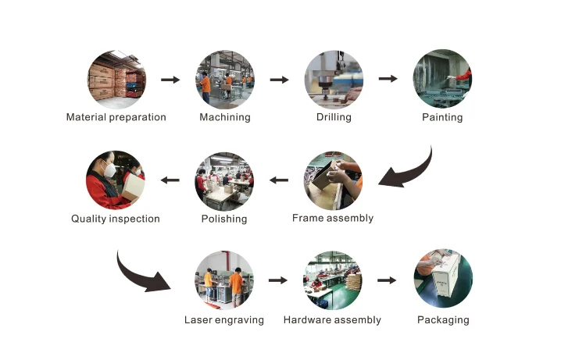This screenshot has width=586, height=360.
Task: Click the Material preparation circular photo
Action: tap(116, 79)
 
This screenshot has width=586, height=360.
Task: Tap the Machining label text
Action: tap(225, 117)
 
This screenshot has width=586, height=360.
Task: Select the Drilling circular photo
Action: tap(334, 79)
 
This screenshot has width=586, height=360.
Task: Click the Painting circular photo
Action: tap(443, 79)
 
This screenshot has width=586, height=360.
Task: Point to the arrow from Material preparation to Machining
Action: tap(170, 79)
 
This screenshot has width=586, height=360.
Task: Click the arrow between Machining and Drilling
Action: tap(280, 79)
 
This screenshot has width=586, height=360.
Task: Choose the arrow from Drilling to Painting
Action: tap(388, 79)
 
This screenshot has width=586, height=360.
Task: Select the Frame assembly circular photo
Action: tap(334, 180)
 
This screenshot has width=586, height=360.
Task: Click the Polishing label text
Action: tap(225, 219)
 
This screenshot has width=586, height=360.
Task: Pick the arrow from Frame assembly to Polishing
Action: tap(279, 180)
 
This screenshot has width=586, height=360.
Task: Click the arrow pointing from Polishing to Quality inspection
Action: tap(170, 180)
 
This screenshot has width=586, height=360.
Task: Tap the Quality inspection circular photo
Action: tap(116, 180)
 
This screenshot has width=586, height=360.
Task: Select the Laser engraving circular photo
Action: tap(224, 280)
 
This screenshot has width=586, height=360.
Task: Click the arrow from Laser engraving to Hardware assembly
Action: tap(279, 280)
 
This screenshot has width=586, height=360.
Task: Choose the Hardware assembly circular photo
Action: tap(333, 280)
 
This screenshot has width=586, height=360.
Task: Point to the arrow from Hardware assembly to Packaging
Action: tap(388, 280)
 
